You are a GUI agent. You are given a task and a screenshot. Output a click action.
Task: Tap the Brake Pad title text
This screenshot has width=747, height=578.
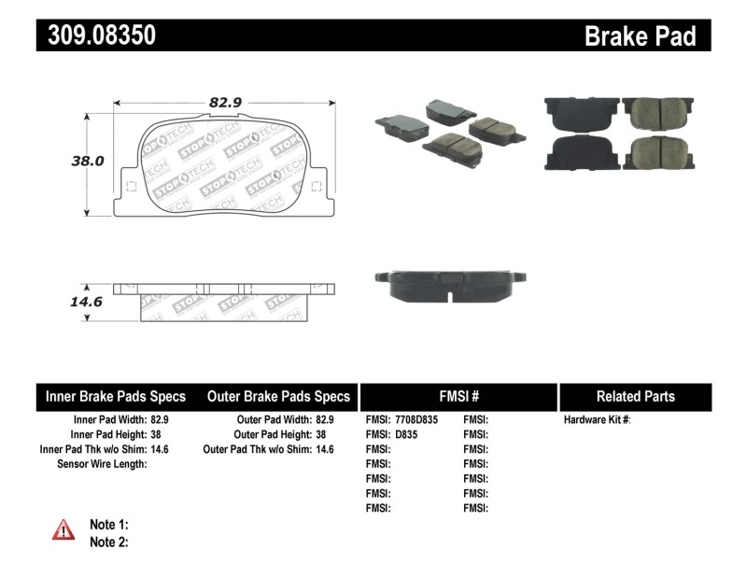640,35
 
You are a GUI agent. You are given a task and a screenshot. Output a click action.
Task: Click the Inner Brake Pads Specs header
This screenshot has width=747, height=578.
116,396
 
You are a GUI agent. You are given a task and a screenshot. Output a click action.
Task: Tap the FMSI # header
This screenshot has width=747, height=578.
458,396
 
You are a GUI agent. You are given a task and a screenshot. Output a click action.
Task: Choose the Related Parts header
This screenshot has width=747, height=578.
635,396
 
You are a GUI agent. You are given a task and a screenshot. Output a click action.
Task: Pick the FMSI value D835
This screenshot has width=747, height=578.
407,434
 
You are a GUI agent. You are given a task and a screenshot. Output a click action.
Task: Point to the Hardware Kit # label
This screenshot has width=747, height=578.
597,420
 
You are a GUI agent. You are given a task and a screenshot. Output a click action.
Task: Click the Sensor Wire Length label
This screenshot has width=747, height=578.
102,463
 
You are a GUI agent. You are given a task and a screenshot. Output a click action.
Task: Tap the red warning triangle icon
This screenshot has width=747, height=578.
63,530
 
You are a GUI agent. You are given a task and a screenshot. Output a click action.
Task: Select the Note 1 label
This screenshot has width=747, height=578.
108,524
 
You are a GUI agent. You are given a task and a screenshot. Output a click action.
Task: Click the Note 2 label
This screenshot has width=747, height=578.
108,542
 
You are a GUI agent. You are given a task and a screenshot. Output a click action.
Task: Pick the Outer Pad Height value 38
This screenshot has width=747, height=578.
320,434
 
